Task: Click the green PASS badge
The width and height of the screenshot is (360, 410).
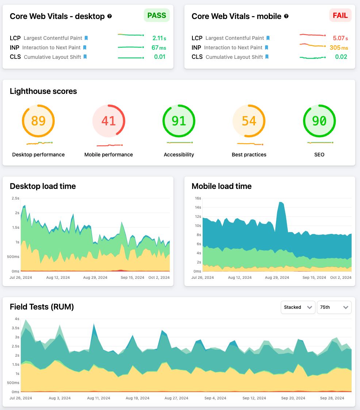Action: (x=157, y=16)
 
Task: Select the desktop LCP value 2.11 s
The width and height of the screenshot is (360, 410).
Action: (x=159, y=38)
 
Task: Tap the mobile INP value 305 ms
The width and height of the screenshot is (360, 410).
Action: (x=339, y=48)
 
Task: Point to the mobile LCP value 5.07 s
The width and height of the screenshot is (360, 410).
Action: (x=340, y=38)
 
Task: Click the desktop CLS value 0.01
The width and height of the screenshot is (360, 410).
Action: (x=160, y=57)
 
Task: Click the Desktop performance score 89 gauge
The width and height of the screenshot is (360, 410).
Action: (x=38, y=121)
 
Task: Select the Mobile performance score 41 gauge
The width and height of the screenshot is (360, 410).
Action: (x=108, y=121)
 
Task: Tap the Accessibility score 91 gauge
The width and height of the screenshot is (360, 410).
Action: (x=179, y=121)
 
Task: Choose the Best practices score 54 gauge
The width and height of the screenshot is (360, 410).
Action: (x=249, y=121)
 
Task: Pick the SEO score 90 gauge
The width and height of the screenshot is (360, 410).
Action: (x=319, y=121)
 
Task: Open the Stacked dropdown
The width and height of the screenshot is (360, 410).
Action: (x=298, y=307)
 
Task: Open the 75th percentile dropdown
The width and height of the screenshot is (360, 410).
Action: (x=334, y=307)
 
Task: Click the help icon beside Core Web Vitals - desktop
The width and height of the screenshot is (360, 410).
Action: (x=110, y=16)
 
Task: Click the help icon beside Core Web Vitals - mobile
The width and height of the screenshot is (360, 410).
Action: (x=286, y=16)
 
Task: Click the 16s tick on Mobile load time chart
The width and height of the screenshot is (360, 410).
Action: (x=198, y=198)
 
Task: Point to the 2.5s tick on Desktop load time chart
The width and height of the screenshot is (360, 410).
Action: (x=15, y=198)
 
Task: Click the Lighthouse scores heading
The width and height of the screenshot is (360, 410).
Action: (x=43, y=91)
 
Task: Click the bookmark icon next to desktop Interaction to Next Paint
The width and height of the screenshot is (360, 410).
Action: (x=85, y=48)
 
